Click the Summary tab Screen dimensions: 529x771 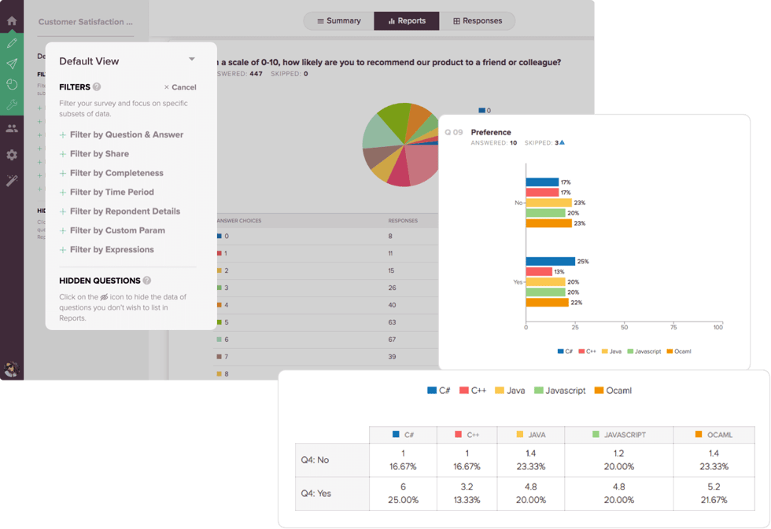click(x=338, y=21)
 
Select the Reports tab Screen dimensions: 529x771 click(x=407, y=21)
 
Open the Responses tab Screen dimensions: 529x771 click(x=477, y=21)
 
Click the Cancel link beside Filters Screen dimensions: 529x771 click(x=180, y=87)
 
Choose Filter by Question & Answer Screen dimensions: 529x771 click(x=126, y=134)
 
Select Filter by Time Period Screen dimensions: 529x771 click(x=111, y=192)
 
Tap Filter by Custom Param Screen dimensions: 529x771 click(x=117, y=230)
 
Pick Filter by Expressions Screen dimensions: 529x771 click(x=111, y=249)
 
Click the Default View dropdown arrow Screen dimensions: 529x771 click(x=191, y=60)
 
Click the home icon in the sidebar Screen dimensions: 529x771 click(x=12, y=21)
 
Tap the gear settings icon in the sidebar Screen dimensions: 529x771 click(x=12, y=155)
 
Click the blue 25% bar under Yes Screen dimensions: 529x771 click(x=550, y=262)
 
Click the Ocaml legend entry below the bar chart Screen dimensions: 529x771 click(x=678, y=351)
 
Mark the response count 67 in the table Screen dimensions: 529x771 click(x=391, y=339)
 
